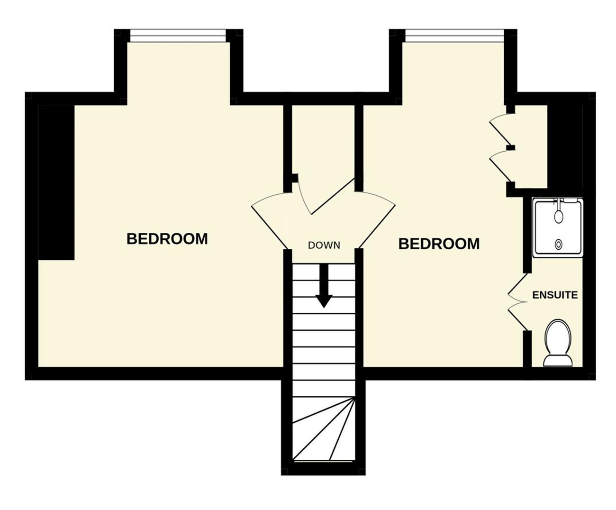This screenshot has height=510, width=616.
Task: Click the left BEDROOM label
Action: (x=167, y=239)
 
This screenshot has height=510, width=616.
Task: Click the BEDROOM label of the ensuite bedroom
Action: (x=439, y=244)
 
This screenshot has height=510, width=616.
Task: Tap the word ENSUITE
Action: (x=555, y=295)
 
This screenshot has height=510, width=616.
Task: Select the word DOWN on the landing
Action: (x=324, y=245)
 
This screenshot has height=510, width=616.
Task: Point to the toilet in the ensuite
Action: (x=558, y=343)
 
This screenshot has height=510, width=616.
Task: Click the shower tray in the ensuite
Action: (x=558, y=228)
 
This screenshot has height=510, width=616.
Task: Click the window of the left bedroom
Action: (x=178, y=36)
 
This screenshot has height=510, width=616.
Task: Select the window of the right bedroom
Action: (x=454, y=36)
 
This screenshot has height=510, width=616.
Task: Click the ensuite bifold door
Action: (x=517, y=301)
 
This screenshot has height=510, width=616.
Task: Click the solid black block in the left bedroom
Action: (x=56, y=182)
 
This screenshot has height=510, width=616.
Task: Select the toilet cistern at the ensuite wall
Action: (x=558, y=361)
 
